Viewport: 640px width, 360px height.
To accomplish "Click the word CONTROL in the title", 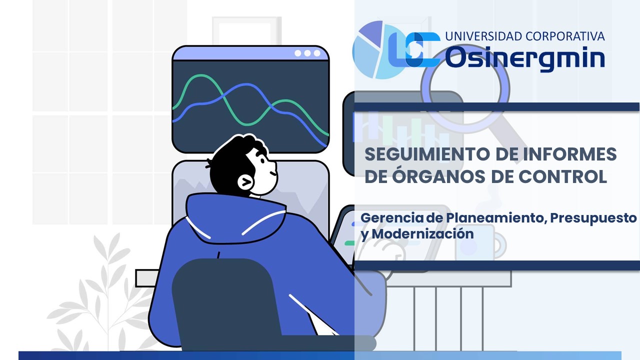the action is (x=562, y=176).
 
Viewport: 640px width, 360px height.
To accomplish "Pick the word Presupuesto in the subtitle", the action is (x=593, y=218).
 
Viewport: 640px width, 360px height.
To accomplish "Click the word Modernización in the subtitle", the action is (x=423, y=233).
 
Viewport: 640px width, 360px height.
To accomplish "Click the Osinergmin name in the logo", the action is (x=525, y=58).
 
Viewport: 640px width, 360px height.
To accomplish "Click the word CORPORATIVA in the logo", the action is (x=565, y=36).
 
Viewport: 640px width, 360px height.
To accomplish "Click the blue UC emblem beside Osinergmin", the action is (x=414, y=49).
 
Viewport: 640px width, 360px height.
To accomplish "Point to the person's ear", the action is (x=245, y=181).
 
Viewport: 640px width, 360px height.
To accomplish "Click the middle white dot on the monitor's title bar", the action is (x=307, y=53).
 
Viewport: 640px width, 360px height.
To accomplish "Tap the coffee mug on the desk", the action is (x=480, y=243).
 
